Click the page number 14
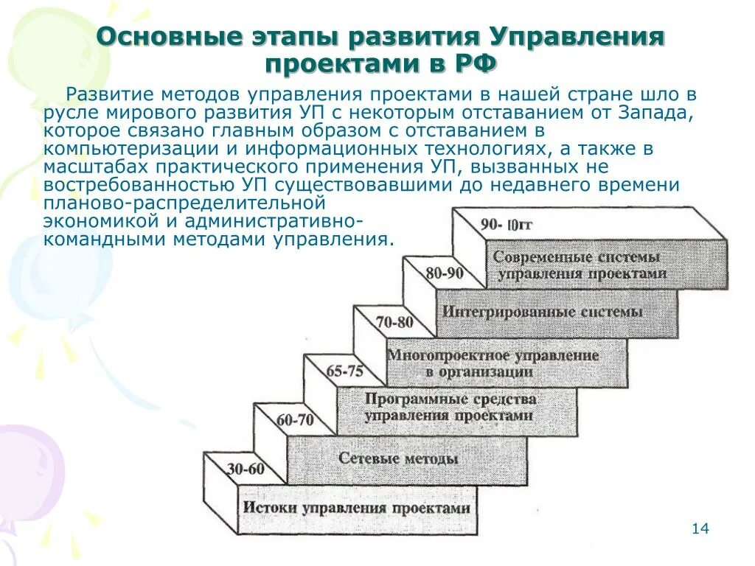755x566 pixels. pyautogui.click(x=700, y=529)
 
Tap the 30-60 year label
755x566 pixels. pyautogui.click(x=246, y=469)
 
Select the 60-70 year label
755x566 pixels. pyautogui.click(x=295, y=421)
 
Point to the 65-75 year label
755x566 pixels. pyautogui.click(x=345, y=371)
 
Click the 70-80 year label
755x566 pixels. pyautogui.click(x=394, y=322)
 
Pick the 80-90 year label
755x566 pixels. pyautogui.click(x=445, y=273)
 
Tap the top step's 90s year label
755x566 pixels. pyautogui.click(x=506, y=224)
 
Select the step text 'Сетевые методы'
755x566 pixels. pyautogui.click(x=398, y=458)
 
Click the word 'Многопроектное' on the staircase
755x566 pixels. pyautogui.click(x=439, y=355)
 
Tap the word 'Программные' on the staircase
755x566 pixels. pyautogui.click(x=408, y=399)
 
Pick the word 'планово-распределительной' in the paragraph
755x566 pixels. pyautogui.click(x=184, y=203)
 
